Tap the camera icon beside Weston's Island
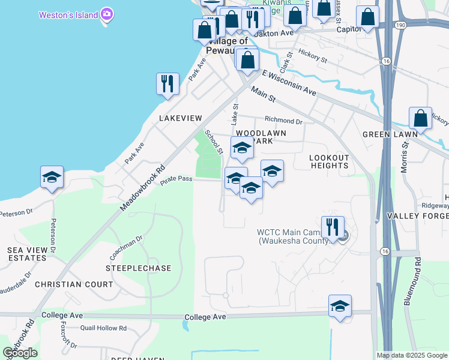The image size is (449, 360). coord(107,14)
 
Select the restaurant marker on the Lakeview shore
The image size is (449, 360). coord(168,85)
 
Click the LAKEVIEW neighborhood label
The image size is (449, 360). coord(181,119)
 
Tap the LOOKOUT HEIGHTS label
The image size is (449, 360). coord(328,161)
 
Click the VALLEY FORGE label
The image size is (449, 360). coord(418,216)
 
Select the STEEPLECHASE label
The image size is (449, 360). coord(138,268)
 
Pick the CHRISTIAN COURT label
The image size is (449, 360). coord(74,284)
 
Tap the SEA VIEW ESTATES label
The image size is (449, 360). coord(26,254)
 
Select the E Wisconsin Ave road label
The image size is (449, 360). coord(289,83)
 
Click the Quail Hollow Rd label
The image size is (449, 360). coord(103,328)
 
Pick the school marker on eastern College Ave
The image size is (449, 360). coord(340,307)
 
